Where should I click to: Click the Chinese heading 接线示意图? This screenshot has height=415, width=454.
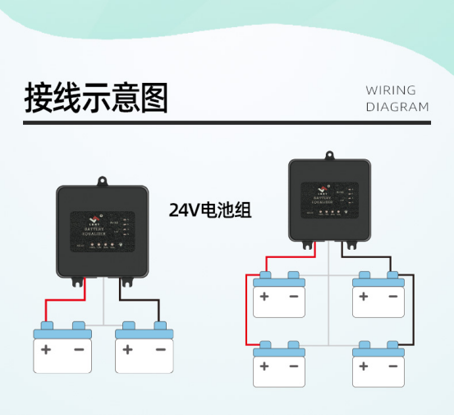click(96, 97)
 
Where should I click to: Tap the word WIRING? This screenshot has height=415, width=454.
click(391, 90)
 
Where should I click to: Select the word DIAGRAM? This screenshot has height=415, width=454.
click(397, 107)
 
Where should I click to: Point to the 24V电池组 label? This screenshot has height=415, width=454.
click(209, 210)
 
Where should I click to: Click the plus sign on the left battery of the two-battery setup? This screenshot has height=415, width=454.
click(46, 349)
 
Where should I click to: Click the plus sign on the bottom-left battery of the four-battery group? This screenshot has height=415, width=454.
click(264, 365)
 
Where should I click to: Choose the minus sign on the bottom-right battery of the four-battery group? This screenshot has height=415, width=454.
click(393, 365)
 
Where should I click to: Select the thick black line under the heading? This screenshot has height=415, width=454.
click(226, 123)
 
